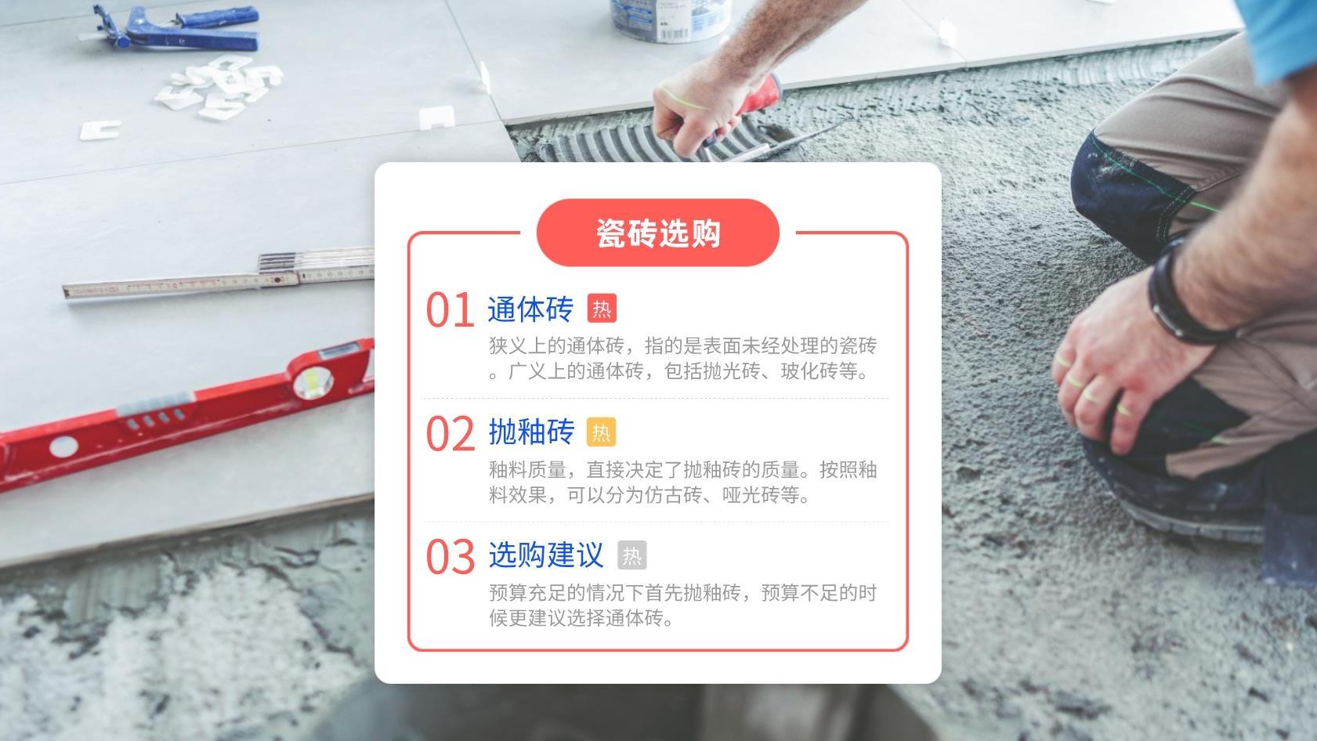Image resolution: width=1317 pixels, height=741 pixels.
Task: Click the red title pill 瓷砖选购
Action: [657, 233]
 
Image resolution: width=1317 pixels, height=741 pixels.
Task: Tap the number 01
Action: [450, 309]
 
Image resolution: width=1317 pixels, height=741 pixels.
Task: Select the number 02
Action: [450, 433]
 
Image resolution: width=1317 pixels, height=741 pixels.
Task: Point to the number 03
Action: [450, 557]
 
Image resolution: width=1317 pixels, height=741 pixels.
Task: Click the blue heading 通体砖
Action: [530, 309]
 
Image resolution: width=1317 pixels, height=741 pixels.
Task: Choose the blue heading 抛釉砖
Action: [531, 432]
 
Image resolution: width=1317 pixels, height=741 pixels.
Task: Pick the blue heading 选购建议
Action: [546, 555]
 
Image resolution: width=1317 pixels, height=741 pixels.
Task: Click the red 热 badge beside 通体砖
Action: [602, 309]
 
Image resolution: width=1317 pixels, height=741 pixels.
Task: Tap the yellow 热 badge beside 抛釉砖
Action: [601, 432]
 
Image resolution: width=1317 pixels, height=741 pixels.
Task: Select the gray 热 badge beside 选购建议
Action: [631, 555]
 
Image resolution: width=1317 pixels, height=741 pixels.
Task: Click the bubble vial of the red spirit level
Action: [313, 382]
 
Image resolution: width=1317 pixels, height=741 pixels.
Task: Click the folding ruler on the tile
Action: [219, 277]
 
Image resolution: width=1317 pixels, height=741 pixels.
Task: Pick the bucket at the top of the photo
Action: [671, 17]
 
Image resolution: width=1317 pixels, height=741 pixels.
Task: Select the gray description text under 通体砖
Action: [682, 359]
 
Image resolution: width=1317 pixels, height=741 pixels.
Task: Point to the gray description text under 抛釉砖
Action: [682, 483]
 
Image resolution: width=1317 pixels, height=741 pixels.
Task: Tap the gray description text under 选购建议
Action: [682, 605]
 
